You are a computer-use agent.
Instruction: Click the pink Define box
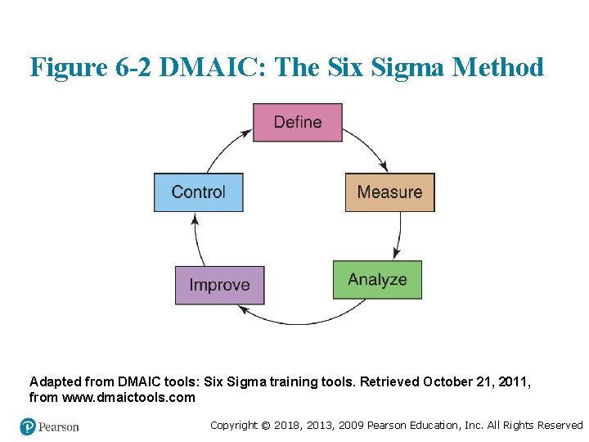point(297,123)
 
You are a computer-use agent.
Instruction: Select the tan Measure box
point(389,192)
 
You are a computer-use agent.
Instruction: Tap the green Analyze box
point(377,280)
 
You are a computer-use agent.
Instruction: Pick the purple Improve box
point(219,285)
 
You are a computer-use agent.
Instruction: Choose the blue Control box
point(198,192)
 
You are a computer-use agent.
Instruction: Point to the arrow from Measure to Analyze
point(399,233)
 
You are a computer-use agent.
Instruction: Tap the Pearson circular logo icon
point(29,426)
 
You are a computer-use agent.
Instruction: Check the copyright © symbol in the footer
point(264,425)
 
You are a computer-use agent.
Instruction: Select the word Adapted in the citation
point(54,381)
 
